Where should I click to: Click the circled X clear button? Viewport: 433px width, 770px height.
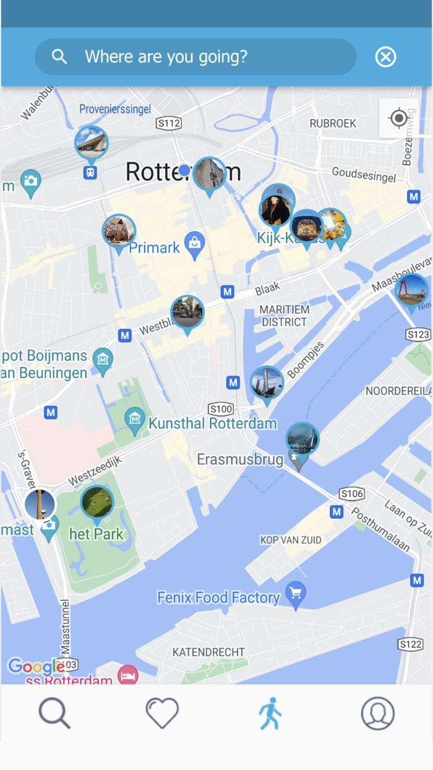[385, 57]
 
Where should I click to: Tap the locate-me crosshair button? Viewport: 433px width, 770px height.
[399, 118]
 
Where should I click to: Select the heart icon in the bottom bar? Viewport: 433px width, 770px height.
[162, 713]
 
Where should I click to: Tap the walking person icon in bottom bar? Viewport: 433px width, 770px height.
[270, 713]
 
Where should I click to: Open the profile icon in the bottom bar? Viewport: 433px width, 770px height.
[378, 713]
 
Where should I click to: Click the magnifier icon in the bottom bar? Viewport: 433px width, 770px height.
[54, 713]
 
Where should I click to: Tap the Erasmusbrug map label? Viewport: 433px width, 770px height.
[240, 460]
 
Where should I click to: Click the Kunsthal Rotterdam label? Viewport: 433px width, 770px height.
[212, 424]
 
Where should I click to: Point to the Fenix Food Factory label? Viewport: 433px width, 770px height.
[218, 598]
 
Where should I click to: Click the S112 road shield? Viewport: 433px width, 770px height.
[169, 123]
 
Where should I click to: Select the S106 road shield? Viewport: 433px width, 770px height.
[351, 493]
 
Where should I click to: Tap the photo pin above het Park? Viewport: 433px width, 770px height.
[97, 502]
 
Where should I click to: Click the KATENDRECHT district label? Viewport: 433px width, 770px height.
[208, 652]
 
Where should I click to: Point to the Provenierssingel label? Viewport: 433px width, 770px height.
[115, 110]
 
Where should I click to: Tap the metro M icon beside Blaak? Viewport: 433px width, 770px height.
[228, 292]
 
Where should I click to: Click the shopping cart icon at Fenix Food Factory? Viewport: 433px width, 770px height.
[296, 594]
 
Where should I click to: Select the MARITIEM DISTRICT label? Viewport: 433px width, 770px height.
[283, 316]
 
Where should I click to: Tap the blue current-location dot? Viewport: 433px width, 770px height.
[184, 170]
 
